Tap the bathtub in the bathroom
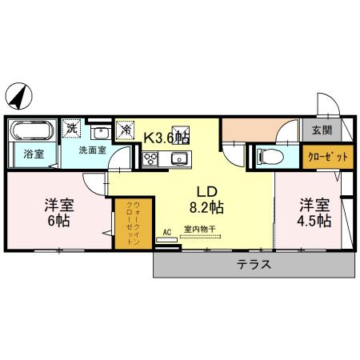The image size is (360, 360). tap(33, 130)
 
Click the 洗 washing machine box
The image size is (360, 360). tap(72, 127)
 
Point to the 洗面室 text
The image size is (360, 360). tap(92, 150)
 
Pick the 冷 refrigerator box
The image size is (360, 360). tap(126, 128)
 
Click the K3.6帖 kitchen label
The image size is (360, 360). tap(166, 137)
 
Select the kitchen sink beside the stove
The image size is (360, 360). tap(178, 158)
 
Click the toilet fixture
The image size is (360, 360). tap(269, 156)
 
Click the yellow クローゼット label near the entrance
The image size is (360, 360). tap(327, 156)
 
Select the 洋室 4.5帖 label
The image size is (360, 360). tap(315, 211)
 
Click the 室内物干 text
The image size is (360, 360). tap(199, 230)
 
